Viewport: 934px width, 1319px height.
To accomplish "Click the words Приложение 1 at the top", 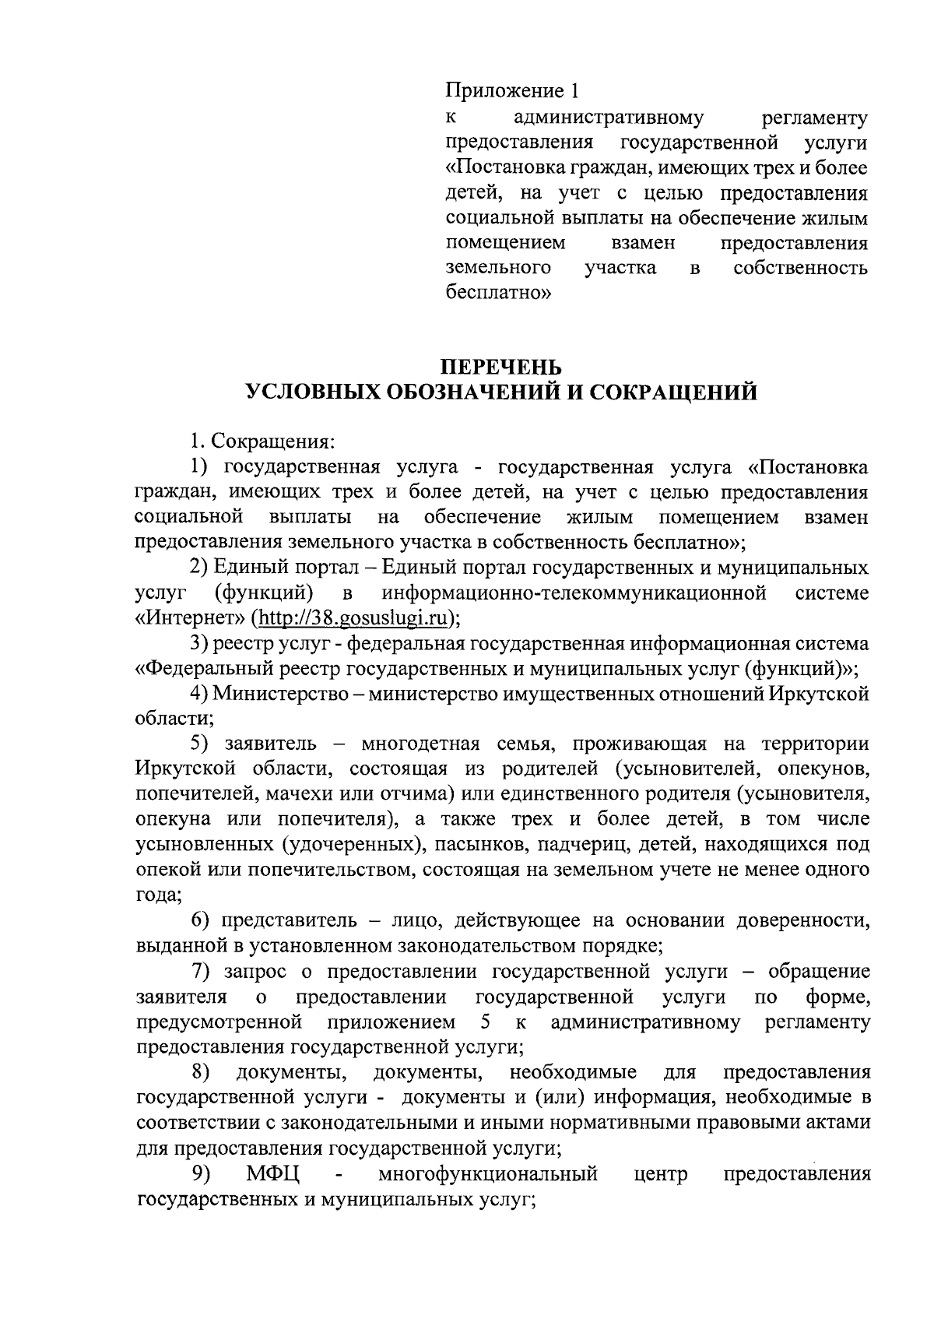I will (x=512, y=91).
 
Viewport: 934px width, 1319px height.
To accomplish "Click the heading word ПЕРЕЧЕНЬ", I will (x=500, y=366).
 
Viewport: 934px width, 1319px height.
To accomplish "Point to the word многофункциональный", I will (x=488, y=1174).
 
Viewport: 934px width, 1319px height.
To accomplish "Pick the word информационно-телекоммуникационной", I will (x=574, y=593).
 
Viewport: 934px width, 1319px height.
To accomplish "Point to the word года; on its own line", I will (x=159, y=895).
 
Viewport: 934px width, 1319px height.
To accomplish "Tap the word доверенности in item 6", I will (x=802, y=921).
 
